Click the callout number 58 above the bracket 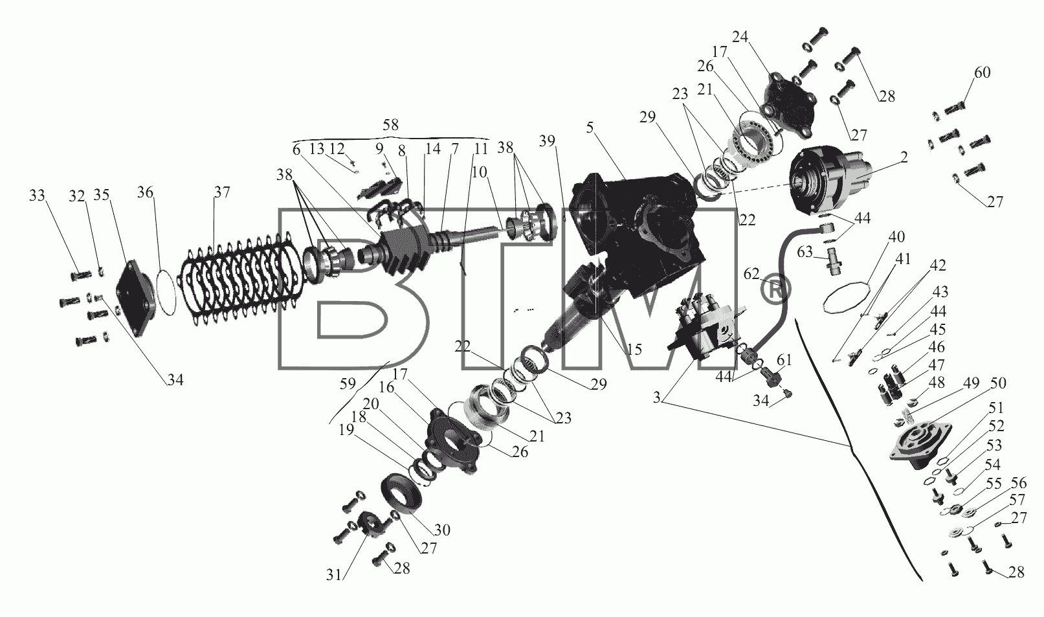click(390, 125)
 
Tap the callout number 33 click(38, 195)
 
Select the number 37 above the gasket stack click(222, 192)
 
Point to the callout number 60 click(982, 73)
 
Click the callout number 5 click(590, 128)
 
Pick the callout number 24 click(740, 36)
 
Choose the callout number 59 click(348, 384)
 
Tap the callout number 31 click(334, 575)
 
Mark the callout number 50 click(998, 383)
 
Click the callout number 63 click(805, 252)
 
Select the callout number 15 click(634, 350)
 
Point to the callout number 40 click(896, 237)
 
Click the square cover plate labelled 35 click(134, 297)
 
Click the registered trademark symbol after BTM click(775, 289)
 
